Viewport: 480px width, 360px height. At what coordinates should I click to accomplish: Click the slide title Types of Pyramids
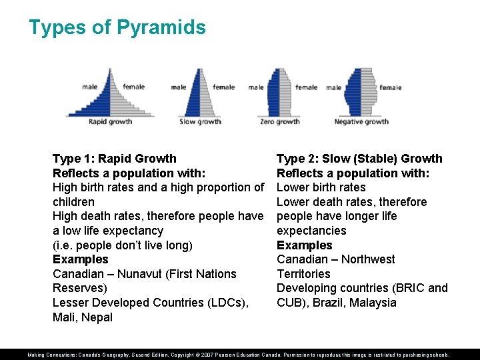[117, 27]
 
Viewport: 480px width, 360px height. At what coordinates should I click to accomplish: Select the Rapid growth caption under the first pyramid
[110, 122]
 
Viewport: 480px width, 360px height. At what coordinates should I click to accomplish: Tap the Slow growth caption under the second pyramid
[200, 122]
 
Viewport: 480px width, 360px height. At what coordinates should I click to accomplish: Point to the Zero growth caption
[279, 122]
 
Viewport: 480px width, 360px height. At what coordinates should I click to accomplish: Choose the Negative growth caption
[361, 122]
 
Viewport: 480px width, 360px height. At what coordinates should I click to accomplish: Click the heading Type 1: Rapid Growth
[114, 159]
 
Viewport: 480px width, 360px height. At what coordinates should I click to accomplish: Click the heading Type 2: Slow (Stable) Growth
[359, 159]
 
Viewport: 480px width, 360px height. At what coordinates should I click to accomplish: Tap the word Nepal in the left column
[97, 317]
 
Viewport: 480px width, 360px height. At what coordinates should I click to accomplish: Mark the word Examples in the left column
[80, 259]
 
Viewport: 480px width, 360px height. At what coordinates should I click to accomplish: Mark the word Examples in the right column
[304, 245]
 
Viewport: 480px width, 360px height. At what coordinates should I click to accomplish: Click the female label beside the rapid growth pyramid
[133, 87]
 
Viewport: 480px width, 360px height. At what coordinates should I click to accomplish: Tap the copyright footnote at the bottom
[239, 355]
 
